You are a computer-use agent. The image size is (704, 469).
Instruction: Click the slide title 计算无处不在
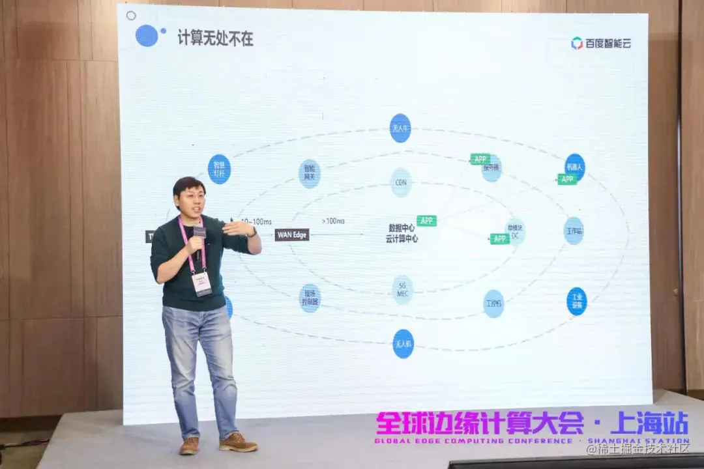click(x=216, y=38)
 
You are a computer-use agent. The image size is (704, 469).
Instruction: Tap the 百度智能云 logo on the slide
click(x=601, y=44)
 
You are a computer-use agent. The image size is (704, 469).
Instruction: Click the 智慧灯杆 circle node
click(x=219, y=169)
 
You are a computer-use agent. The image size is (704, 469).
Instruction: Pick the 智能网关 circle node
click(x=310, y=173)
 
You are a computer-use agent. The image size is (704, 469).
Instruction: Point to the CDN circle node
click(x=401, y=182)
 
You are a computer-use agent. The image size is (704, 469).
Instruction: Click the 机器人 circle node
click(x=575, y=165)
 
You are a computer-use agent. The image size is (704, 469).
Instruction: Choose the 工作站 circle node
click(x=574, y=231)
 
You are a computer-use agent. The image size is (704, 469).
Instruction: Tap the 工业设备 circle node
click(x=577, y=301)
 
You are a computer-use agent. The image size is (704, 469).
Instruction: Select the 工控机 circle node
click(x=493, y=304)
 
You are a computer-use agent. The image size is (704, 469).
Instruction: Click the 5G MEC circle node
click(x=402, y=290)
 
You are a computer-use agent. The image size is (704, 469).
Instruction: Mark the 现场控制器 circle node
click(x=310, y=298)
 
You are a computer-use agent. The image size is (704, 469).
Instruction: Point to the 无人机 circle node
click(x=403, y=343)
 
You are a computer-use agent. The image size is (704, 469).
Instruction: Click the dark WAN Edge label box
click(x=292, y=234)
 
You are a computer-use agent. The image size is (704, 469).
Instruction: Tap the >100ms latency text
click(x=332, y=221)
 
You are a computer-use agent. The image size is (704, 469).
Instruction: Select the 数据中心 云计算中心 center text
click(x=402, y=233)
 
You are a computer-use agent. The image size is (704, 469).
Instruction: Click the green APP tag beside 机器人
click(x=567, y=179)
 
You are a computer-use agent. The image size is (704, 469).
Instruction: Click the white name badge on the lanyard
click(x=201, y=283)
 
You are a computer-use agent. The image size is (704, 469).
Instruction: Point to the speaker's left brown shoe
click(x=238, y=442)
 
